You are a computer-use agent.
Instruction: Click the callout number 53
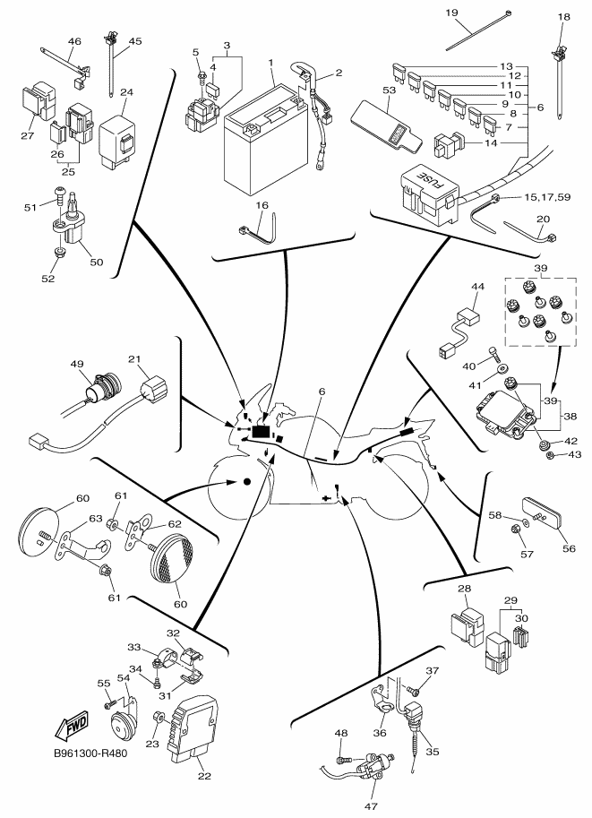coord(389,90)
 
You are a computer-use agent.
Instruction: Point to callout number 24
coord(126,92)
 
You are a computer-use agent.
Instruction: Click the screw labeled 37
coord(413,690)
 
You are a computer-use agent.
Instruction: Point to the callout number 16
coord(262,205)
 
